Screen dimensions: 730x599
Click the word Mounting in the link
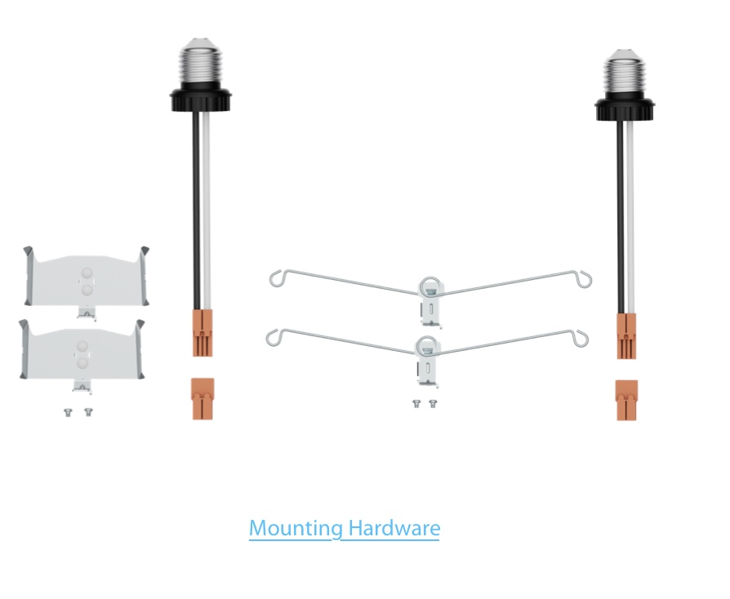[x=296, y=529]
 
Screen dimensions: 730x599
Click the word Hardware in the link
[x=394, y=528]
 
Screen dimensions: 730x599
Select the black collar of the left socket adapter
[x=200, y=100]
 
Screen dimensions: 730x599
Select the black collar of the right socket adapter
[x=625, y=109]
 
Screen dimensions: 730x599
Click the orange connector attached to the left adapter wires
[x=203, y=333]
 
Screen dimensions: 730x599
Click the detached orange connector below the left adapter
[x=203, y=399]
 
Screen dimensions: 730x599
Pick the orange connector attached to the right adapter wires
[x=626, y=336]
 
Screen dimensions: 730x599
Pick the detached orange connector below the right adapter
[x=626, y=400]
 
